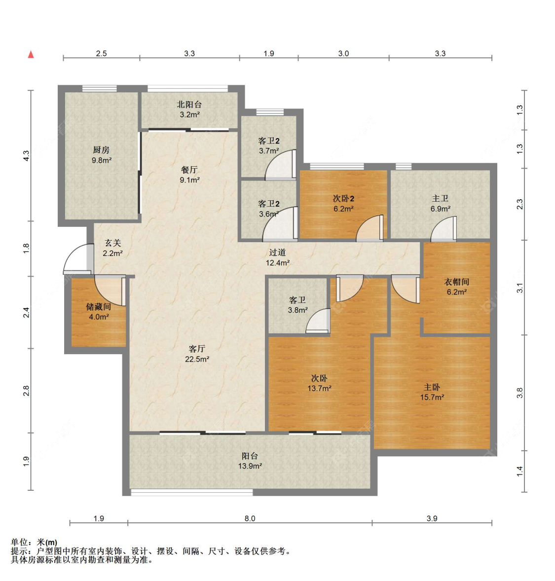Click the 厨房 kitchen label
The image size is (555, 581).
(101, 150)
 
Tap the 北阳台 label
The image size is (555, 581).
(189, 105)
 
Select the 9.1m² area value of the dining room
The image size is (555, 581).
(189, 180)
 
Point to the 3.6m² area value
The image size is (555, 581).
(269, 214)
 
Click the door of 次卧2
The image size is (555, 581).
(370, 228)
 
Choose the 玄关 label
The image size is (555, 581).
(112, 243)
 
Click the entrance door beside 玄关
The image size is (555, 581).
(77, 259)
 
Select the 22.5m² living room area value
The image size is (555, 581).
(197, 359)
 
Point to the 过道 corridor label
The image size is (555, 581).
(277, 253)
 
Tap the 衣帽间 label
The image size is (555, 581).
(456, 282)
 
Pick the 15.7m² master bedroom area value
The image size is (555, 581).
(432, 397)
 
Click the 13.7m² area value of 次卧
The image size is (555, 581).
(319, 388)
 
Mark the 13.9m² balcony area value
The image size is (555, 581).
(250, 466)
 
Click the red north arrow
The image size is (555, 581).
(31, 54)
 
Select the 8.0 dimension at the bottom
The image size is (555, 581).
(250, 518)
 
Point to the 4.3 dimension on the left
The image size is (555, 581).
(27, 155)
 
